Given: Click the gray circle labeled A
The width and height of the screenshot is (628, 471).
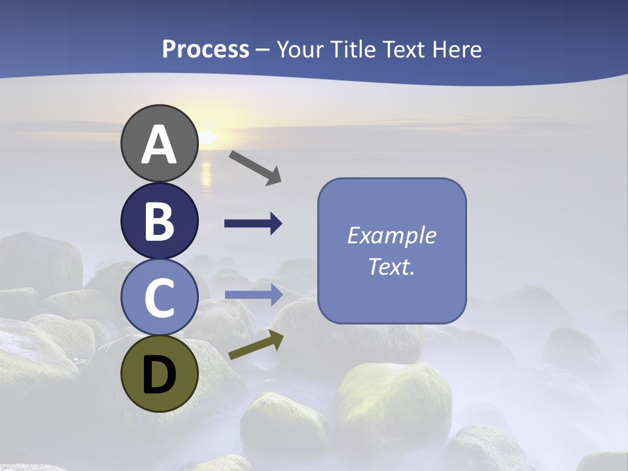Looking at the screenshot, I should click(159, 143).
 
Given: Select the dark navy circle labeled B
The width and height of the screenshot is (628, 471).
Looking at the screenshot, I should click(159, 220).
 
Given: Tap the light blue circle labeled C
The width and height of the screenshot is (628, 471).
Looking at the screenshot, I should click(159, 297).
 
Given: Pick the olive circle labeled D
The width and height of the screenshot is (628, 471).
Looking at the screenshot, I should click(159, 374).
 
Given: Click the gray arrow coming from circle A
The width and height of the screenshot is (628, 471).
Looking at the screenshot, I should click(255, 167).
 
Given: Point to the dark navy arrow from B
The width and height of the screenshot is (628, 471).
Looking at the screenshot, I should click(253, 224).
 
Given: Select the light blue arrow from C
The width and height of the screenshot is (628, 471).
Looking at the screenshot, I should click(253, 294).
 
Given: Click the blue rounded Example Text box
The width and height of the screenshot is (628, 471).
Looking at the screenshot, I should click(392, 251).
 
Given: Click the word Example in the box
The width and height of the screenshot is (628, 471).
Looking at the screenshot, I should click(392, 235).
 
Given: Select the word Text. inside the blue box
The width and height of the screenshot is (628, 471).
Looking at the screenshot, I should click(392, 266).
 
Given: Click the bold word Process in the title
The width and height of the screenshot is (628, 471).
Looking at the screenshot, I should click(205, 49).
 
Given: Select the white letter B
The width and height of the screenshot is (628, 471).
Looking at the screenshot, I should click(159, 220).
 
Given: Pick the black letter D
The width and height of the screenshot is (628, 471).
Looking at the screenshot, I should click(159, 375).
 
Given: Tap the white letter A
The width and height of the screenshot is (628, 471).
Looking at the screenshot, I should click(159, 145).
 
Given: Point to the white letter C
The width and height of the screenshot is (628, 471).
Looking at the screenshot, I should click(159, 298).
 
